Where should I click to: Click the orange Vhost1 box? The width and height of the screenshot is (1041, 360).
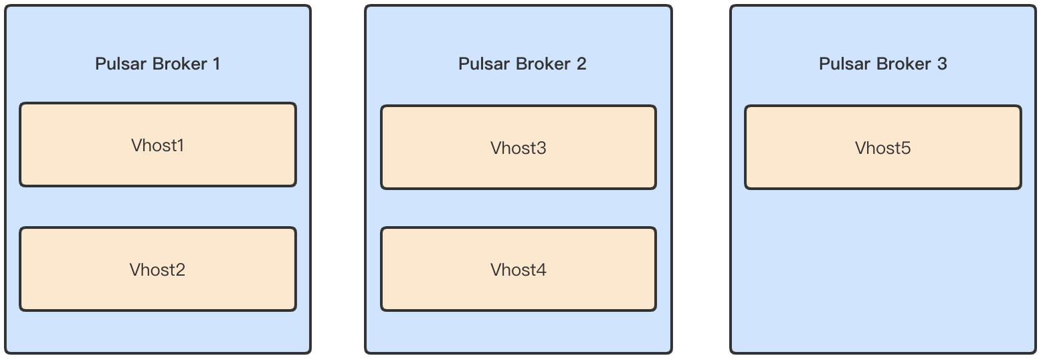pos(158,145)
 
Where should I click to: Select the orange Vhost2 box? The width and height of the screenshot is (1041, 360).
pos(158,269)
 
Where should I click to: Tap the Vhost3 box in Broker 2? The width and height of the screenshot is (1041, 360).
pos(518,147)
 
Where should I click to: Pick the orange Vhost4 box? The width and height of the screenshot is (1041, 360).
pos(518,269)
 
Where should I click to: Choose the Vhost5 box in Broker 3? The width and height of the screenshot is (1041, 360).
pos(883,147)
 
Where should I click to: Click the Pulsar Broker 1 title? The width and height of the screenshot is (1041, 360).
pos(158,64)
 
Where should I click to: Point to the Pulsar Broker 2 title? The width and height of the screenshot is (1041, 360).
pos(522,64)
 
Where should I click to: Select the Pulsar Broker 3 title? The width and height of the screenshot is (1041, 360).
pos(883,64)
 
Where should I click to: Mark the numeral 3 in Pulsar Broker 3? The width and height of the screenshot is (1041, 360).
pos(942,64)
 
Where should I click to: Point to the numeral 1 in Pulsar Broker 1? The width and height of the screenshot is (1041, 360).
pos(216,64)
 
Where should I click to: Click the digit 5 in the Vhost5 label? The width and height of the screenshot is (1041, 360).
pos(905,148)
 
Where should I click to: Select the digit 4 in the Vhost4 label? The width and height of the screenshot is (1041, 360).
pos(541,270)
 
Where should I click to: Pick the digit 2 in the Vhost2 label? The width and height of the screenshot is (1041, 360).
pos(180,270)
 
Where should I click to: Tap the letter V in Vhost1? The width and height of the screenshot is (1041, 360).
pos(136,145)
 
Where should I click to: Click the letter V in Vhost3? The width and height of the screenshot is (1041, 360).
pos(496,148)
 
